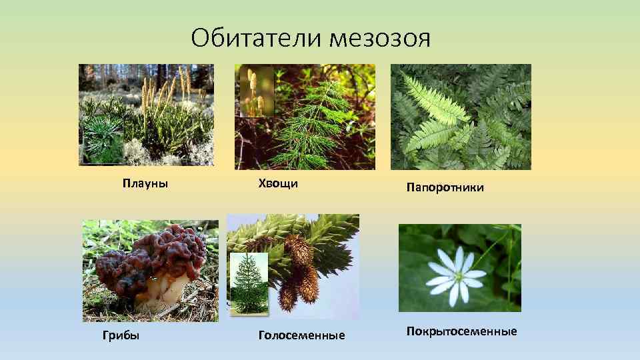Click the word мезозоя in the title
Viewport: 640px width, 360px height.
point(379,38)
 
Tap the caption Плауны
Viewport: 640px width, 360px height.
point(145,183)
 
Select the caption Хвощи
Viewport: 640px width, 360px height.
point(278,183)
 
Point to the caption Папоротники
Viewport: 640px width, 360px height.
point(445,188)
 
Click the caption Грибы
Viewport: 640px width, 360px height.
point(121,335)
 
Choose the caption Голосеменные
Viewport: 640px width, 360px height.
point(301,335)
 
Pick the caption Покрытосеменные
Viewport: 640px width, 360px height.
point(461,331)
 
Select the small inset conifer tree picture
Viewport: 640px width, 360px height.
point(249,283)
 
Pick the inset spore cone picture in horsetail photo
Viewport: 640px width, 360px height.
point(257,91)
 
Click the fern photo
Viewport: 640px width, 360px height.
point(461,117)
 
